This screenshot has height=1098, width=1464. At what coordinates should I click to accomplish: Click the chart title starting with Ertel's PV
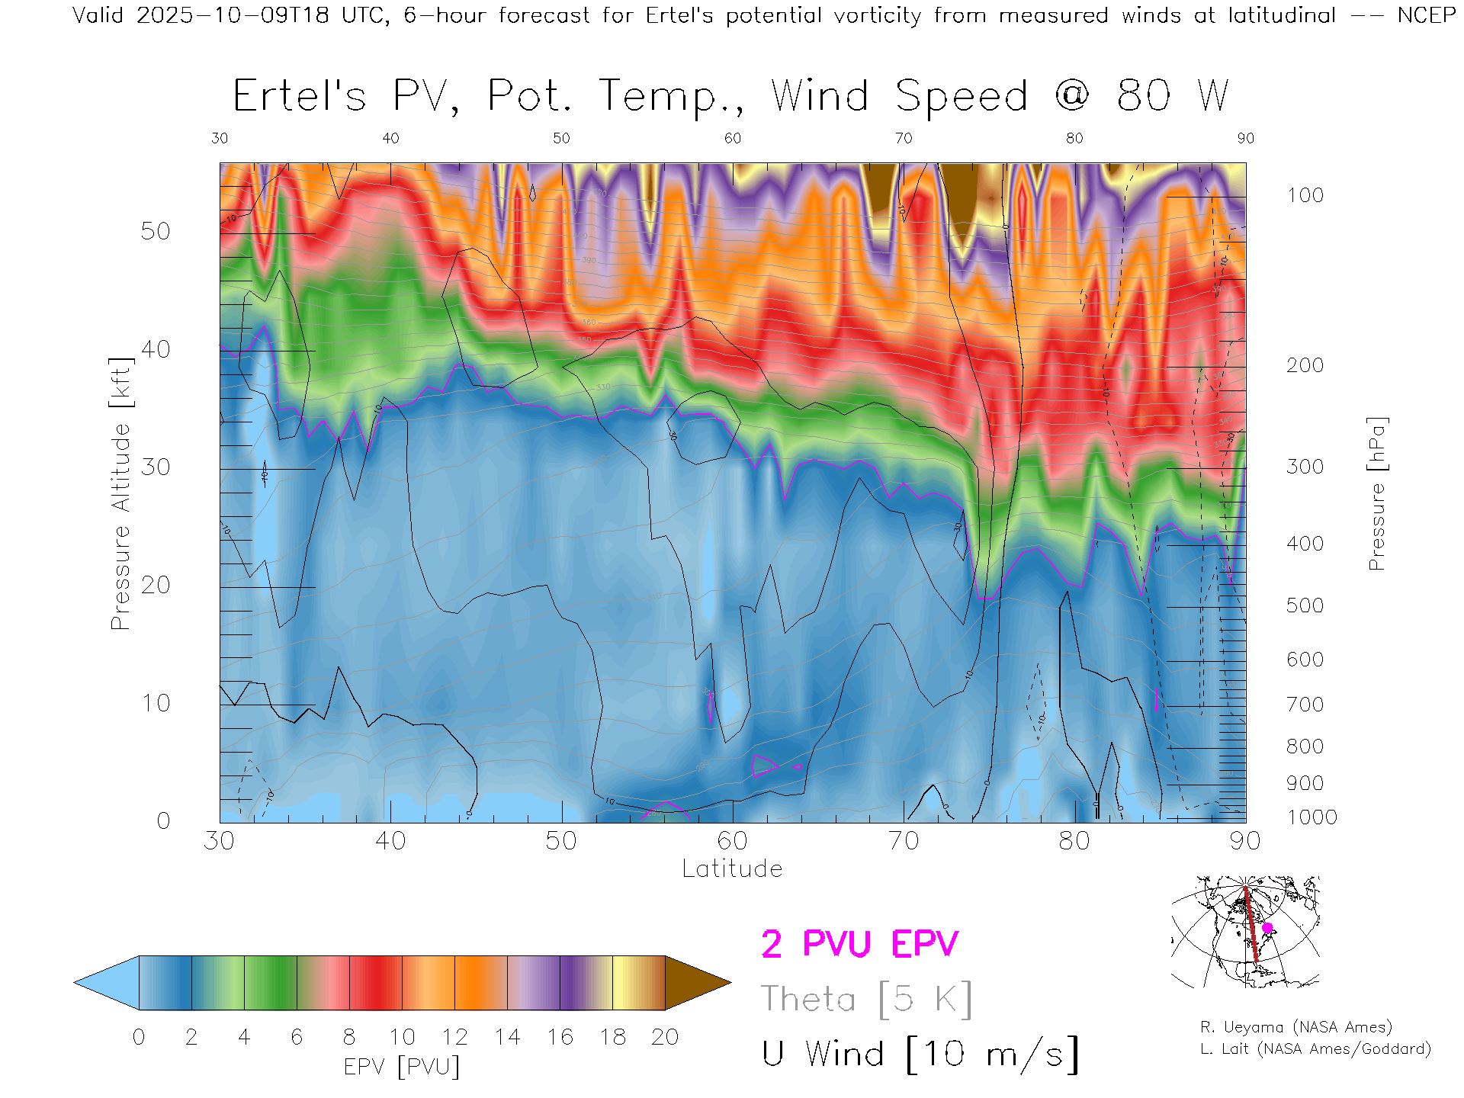coord(730,97)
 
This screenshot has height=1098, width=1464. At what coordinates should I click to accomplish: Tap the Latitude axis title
coord(732,869)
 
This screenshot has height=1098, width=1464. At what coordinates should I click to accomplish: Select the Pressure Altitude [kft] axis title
coord(120,493)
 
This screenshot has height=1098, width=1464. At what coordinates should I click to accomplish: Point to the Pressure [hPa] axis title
coord(1376,493)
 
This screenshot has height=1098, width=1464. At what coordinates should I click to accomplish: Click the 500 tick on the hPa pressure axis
coord(1305,606)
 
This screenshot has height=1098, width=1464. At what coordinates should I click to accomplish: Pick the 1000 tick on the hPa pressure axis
coord(1311,817)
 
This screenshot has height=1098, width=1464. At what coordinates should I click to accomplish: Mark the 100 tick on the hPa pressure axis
coord(1305,196)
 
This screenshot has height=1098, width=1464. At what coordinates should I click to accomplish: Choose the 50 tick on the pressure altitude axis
coord(155,232)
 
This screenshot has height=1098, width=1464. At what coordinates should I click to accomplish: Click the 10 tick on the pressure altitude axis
coord(155,703)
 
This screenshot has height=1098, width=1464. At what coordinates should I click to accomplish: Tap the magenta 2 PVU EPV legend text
coord(859,945)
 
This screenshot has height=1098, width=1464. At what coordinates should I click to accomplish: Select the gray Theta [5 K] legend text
coord(866,999)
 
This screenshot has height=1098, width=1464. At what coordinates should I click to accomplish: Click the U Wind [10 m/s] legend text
coord(920,1055)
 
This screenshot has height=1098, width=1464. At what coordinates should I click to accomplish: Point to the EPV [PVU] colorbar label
coord(401,1067)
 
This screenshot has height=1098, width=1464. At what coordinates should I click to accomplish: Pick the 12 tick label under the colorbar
coord(454,1038)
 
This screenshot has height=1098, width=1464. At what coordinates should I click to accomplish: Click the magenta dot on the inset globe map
coord(1267,928)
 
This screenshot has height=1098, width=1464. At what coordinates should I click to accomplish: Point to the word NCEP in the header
coord(1426,15)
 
